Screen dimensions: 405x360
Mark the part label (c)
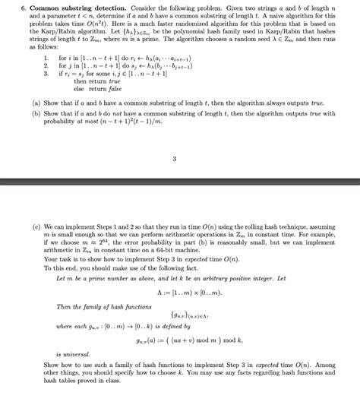pos(36,226)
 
